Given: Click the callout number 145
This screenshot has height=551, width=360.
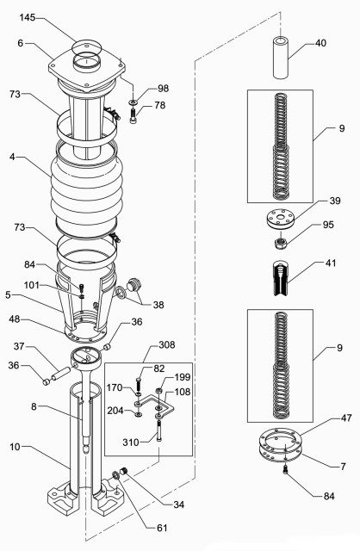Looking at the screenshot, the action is (27, 17).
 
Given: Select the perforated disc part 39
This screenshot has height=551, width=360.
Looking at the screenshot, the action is (281, 220).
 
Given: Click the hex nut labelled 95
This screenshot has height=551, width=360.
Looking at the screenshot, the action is (281, 243).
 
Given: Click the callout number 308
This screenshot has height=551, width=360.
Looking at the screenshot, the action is (166, 344).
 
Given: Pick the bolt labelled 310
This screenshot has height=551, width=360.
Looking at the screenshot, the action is (159, 433).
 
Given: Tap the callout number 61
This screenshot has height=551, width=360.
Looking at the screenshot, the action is (162, 528).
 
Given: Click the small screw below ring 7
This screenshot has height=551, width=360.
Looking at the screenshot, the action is (285, 468).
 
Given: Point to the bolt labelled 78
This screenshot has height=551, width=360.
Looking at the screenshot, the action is (133, 116).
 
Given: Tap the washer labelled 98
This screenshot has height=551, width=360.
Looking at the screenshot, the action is (133, 102).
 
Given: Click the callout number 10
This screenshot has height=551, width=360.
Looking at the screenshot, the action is (16, 447).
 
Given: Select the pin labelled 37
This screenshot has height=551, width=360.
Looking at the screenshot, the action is (61, 373).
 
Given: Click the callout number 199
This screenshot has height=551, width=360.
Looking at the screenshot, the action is (183, 377).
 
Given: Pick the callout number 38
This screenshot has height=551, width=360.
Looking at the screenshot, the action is (158, 305).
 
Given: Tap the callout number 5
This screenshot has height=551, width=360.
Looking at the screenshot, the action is (8, 294).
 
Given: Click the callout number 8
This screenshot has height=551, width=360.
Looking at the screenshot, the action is (34, 406).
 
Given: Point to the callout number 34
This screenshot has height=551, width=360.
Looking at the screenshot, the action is (178, 505).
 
